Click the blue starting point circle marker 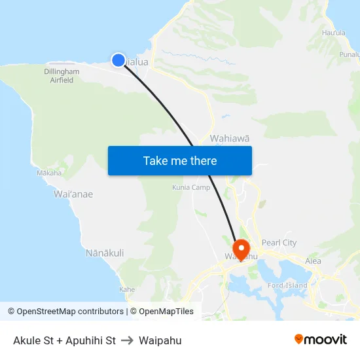[x=118, y=60]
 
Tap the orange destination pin [x=241, y=249]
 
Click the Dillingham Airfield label [x=62, y=75]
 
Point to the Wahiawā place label [x=229, y=138]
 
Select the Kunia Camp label [x=190, y=187]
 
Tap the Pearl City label [x=280, y=243]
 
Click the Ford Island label [x=288, y=285]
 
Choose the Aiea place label [x=313, y=261]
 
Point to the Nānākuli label [x=105, y=253]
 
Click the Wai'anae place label [x=73, y=194]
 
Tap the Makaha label [x=49, y=173]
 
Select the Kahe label [x=128, y=289]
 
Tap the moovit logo [x=321, y=339]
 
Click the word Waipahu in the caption [x=160, y=340]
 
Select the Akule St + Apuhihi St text [x=64, y=340]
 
